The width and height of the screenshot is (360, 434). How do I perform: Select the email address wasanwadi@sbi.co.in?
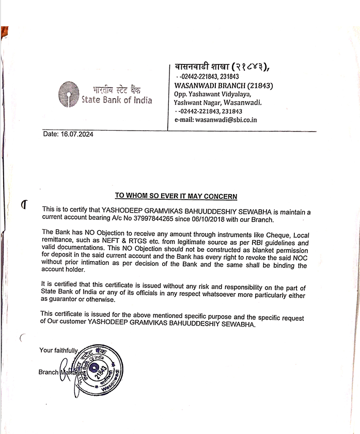(226, 120)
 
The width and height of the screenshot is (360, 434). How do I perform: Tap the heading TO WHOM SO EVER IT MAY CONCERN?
(176, 196)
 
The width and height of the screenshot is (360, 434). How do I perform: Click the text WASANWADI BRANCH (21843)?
(224, 85)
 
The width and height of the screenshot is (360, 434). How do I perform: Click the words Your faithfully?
(58, 350)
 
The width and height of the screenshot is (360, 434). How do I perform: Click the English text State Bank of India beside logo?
(117, 100)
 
